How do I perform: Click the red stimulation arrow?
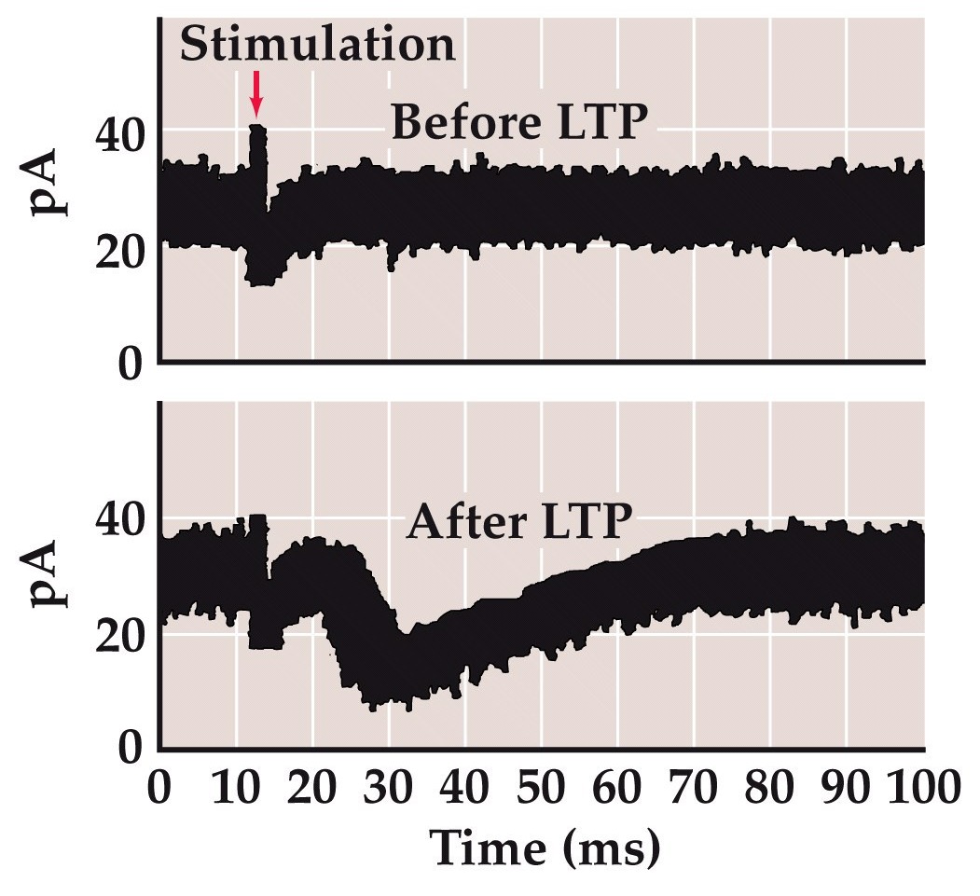(257, 94)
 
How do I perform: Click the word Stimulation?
(317, 44)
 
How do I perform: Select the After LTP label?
(513, 523)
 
